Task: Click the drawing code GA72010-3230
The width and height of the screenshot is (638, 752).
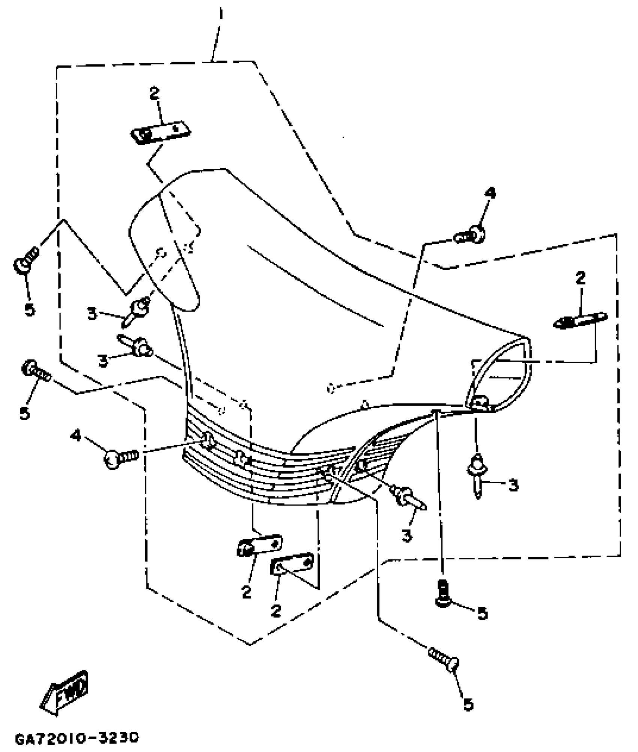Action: [x=77, y=738]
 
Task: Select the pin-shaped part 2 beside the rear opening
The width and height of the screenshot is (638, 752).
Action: [x=580, y=321]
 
